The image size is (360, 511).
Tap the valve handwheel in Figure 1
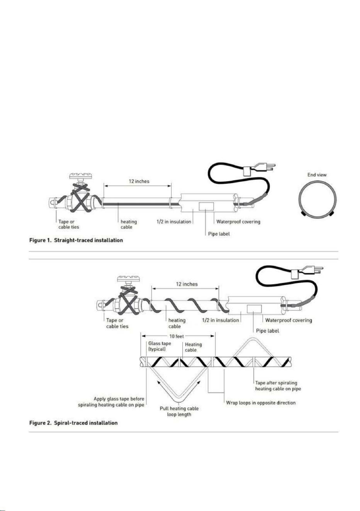coord(81,176)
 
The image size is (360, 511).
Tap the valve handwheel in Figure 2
coord(129,279)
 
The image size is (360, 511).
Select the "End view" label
coord(317,175)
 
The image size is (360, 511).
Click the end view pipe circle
coord(318,199)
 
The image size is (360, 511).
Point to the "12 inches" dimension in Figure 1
coord(139,182)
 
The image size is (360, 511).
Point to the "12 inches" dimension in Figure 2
coord(187,284)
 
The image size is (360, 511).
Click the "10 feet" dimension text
coord(177,336)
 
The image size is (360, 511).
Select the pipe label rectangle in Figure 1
coord(206,206)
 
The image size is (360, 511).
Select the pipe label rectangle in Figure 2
coord(254,309)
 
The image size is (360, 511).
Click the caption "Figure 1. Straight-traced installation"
coord(76,240)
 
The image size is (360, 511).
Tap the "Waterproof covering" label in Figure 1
coord(238,221)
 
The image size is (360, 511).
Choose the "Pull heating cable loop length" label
coord(179,411)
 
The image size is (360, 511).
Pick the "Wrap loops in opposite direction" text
coord(261,402)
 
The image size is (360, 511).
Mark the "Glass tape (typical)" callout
coord(160,346)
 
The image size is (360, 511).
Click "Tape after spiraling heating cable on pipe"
coord(278,385)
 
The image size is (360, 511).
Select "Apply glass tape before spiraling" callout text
coord(111,402)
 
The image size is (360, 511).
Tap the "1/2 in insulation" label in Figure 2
coord(221,320)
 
